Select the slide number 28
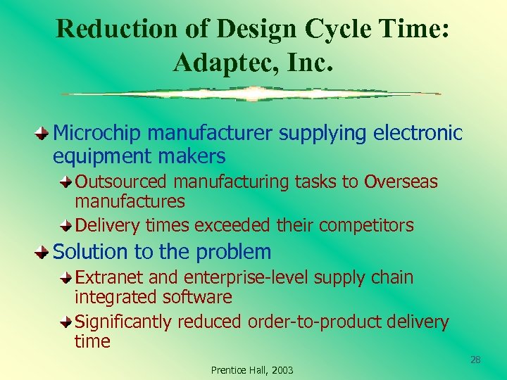coord(475,360)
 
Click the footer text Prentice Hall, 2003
coord(252,370)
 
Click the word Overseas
coord(401,182)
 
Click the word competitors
coord(366,225)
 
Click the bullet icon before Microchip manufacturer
coord(44,132)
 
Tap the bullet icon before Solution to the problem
coord(44,251)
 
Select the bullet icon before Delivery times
coord(65,225)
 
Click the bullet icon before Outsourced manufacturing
coord(65,182)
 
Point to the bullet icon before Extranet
coord(65,277)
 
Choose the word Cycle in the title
coord(340,29)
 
